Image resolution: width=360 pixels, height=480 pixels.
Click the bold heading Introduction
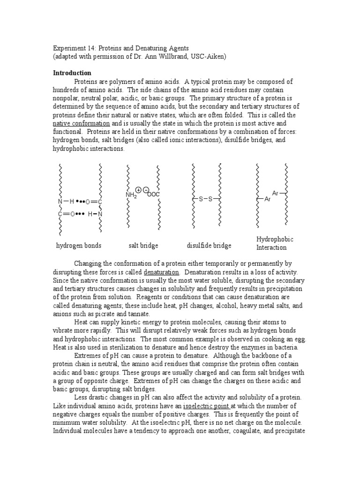click(x=72, y=73)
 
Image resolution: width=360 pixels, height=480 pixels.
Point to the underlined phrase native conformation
click(x=81, y=123)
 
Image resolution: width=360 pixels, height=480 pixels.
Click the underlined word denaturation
click(x=161, y=272)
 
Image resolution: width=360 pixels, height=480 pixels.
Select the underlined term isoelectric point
click(x=210, y=405)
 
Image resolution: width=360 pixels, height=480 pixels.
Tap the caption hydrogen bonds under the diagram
click(x=79, y=246)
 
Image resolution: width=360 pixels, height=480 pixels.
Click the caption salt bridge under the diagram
click(x=143, y=246)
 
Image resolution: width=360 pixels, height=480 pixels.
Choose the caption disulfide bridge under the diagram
click(x=209, y=246)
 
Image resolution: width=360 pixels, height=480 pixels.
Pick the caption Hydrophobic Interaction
click(x=275, y=243)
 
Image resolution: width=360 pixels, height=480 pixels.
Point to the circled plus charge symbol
click(x=139, y=190)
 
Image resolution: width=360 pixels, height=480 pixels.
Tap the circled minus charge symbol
click(x=146, y=190)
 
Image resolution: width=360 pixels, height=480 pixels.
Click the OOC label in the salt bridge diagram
click(x=153, y=195)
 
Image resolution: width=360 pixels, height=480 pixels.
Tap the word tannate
click(x=138, y=314)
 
